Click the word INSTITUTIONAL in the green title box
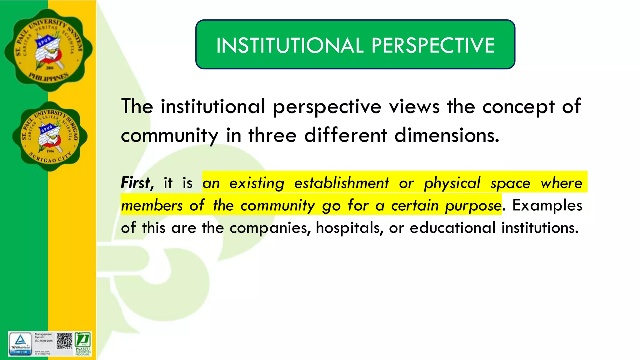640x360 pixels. pyautogui.click(x=290, y=46)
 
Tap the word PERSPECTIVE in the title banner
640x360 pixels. pyautogui.click(x=433, y=46)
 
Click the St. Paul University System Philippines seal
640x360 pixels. pyautogui.click(x=48, y=50)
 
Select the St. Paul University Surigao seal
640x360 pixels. pyautogui.click(x=50, y=136)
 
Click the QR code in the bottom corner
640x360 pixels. pyautogui.click(x=64, y=341)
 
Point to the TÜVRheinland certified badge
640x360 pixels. pyautogui.click(x=20, y=344)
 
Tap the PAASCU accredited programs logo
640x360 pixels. pyautogui.click(x=83, y=344)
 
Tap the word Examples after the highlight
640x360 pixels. pyautogui.click(x=547, y=206)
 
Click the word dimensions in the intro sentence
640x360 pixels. pyautogui.click(x=447, y=136)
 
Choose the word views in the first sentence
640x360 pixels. pyautogui.click(x=414, y=107)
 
